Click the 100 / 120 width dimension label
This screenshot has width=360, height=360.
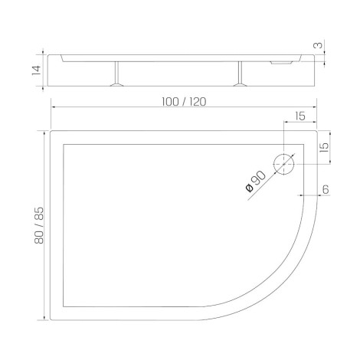pyautogui.click(x=184, y=102)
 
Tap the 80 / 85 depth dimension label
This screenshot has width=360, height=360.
pyautogui.click(x=39, y=225)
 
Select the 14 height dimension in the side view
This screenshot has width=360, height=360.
pyautogui.click(x=36, y=70)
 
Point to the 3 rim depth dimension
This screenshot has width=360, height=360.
pyautogui.click(x=318, y=45)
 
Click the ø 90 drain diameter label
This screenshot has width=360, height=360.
pyautogui.click(x=256, y=181)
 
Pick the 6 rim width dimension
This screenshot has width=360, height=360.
pyautogui.click(x=326, y=189)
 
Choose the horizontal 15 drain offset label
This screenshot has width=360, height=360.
pyautogui.click(x=300, y=116)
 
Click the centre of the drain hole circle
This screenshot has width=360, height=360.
pyautogui.click(x=284, y=165)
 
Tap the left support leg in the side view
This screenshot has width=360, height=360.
pyautogui.click(x=116, y=74)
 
